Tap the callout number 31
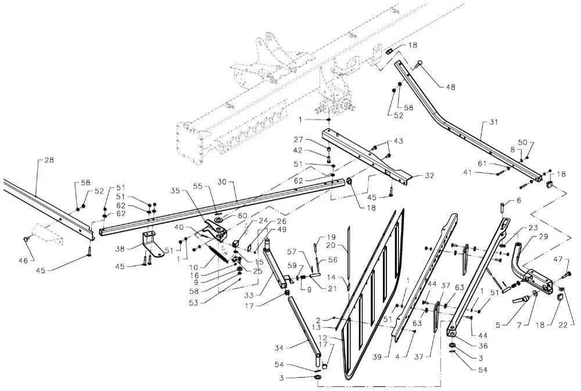pyautogui.click(x=494, y=123)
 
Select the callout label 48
pyautogui.click(x=451, y=87)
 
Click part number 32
pyautogui.click(x=429, y=175)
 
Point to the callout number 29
pyautogui.click(x=543, y=237)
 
